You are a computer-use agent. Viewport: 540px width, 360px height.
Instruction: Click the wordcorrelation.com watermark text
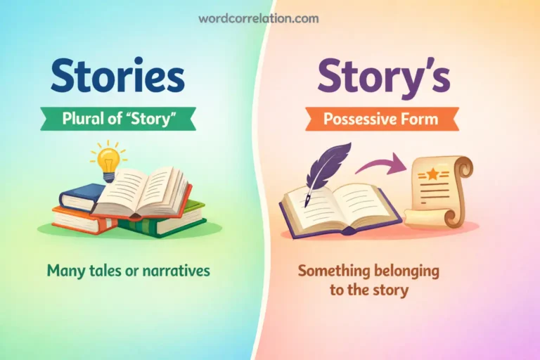(269, 19)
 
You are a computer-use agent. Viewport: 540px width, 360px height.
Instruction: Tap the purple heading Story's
(382, 76)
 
